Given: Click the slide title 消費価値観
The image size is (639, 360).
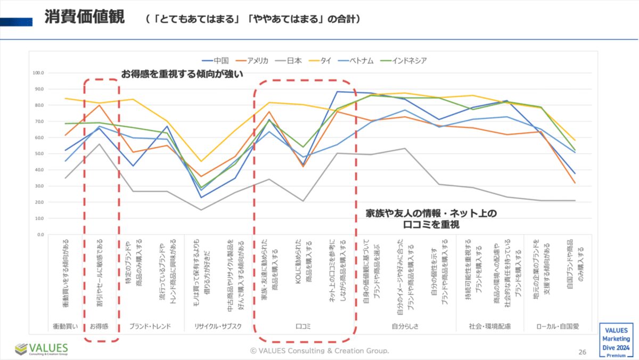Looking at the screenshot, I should tap(84, 18).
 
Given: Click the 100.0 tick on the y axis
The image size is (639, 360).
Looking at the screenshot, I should tap(38, 73).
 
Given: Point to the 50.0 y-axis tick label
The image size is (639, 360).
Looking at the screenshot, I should tap(39, 154).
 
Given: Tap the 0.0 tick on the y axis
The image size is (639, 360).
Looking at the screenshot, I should tap(40, 235).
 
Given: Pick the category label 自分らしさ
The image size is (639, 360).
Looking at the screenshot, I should tap(405, 325).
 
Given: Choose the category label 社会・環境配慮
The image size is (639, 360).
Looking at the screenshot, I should tap(489, 325).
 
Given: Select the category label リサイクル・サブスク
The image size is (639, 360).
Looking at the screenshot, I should tap(218, 325).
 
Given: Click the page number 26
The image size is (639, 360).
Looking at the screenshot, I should tap(583, 351).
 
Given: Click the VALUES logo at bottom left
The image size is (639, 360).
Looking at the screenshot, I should tap(42, 349).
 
